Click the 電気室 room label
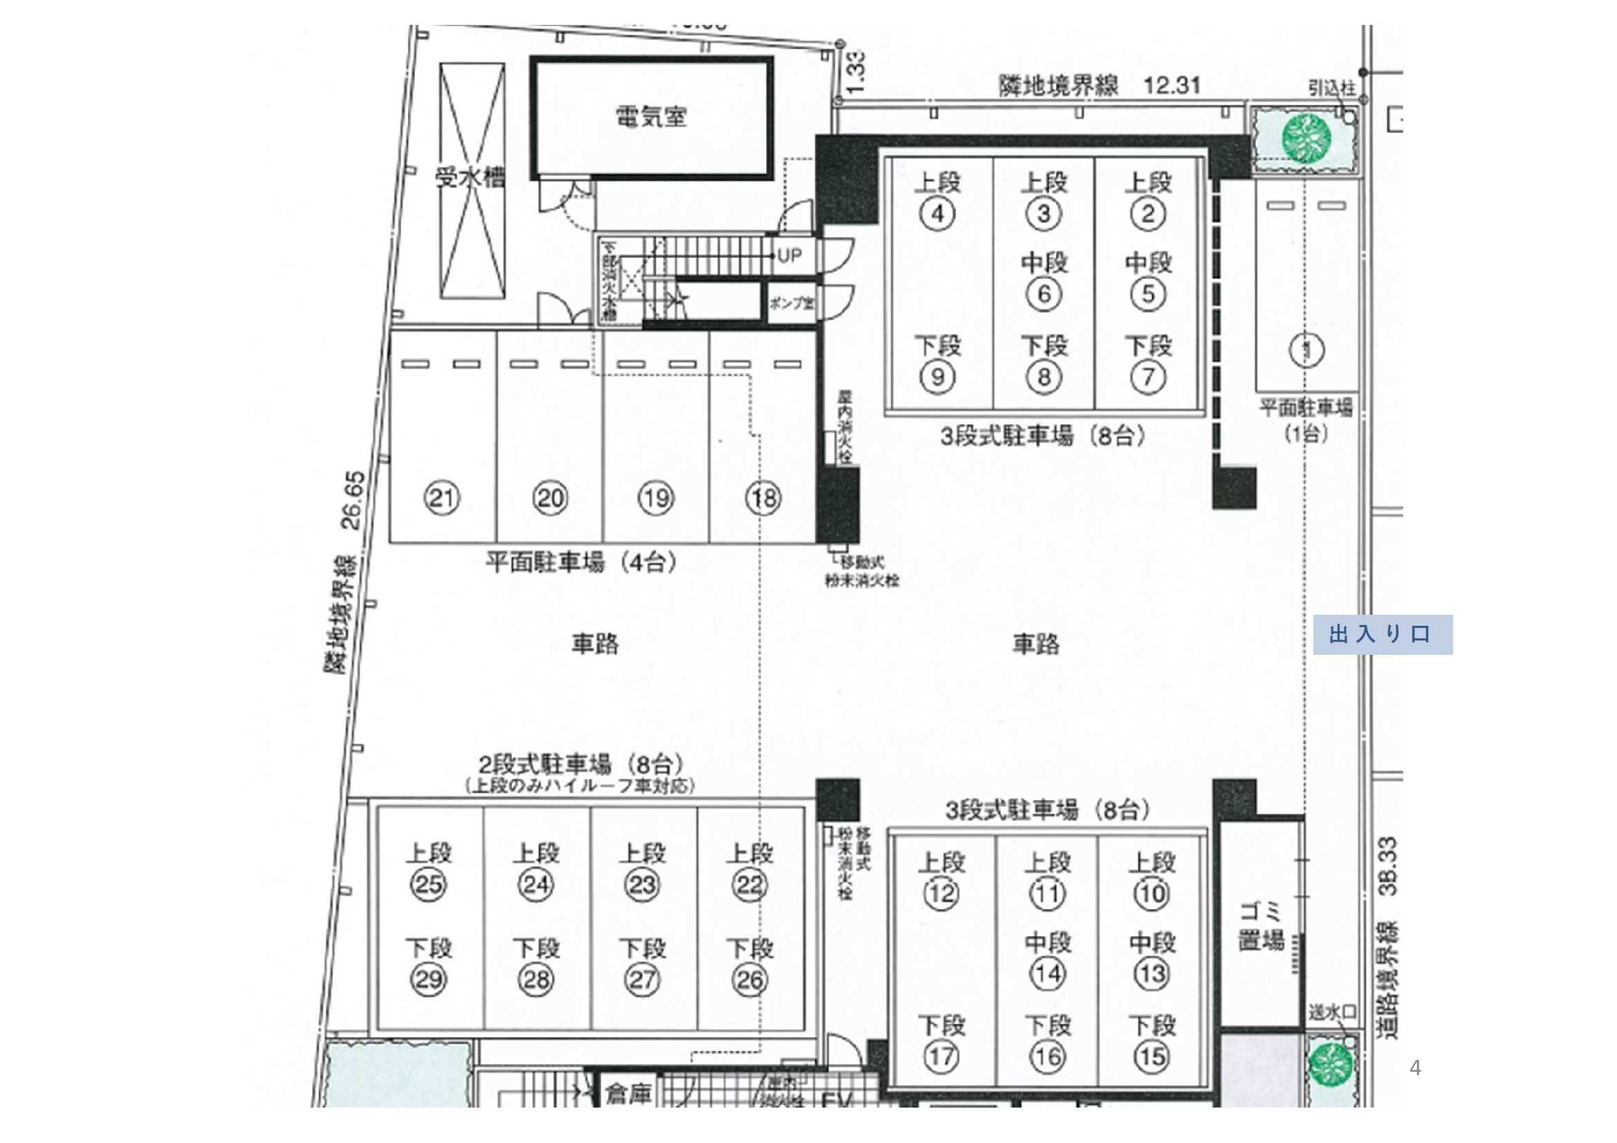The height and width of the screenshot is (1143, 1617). pos(651,116)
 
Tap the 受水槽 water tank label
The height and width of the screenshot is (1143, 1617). pos(470,178)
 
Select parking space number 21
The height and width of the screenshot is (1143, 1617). pos(441,499)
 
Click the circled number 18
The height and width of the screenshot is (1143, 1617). pos(763,499)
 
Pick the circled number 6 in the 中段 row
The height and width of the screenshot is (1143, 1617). pos(1044,294)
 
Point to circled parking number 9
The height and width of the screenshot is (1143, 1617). pos(937,377)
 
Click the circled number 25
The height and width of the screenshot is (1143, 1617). pos(428,884)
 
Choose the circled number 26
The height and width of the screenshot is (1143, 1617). pos(749,980)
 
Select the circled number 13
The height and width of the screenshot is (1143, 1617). pos(1152,974)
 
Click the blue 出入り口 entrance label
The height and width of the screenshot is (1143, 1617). pos(1382,635)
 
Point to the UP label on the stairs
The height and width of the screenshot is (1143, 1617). pos(790,255)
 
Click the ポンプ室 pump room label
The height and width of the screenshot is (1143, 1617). pos(792,304)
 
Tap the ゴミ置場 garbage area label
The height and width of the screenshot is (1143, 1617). pos(1262,928)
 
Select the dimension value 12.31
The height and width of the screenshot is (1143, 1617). pos(1172,86)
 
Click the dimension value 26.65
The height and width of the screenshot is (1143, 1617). pos(353,500)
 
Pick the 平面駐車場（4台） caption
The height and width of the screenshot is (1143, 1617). pos(582,563)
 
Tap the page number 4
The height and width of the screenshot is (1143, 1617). pos(1416,1068)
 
